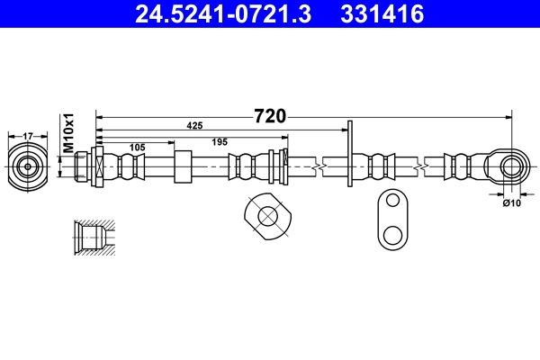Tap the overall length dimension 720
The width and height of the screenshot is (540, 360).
coord(269,116)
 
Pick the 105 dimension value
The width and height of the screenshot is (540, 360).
coord(137,146)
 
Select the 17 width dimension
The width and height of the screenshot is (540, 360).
coord(27,136)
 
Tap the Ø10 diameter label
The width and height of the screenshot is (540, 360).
coord(512,203)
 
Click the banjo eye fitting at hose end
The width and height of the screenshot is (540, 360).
coord(510,166)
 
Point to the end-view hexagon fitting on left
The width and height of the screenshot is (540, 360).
coord(27,166)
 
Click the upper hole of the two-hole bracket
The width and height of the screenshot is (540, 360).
coord(391,204)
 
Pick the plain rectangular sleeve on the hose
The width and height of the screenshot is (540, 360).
coord(184,166)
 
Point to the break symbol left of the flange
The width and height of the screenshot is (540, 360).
coord(316,166)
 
